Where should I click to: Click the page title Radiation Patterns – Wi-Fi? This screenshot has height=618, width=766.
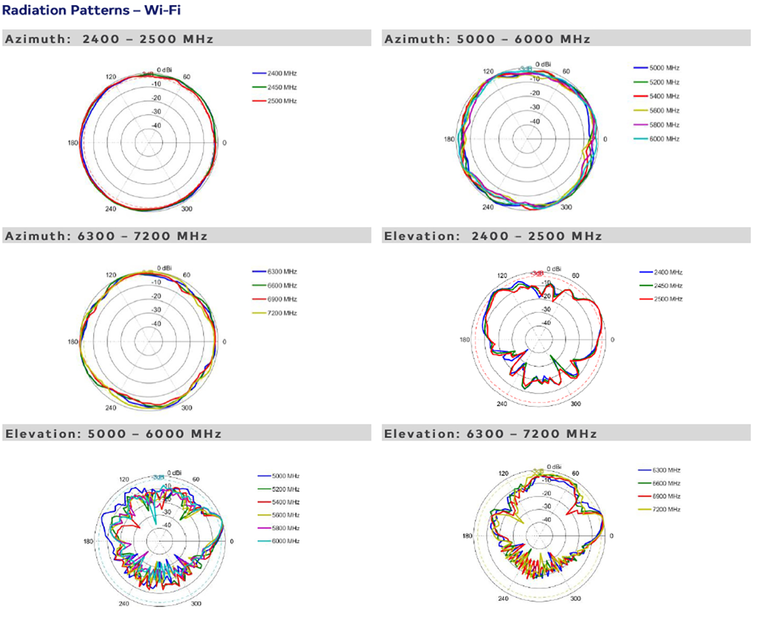pos(91,10)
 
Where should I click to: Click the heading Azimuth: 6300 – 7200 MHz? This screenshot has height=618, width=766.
pos(106,236)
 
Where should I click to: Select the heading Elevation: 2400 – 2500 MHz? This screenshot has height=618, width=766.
pos(493,236)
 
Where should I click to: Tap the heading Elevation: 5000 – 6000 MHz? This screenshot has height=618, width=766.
pos(113,433)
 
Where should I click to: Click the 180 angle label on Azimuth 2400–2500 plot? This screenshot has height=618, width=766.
pos(73,143)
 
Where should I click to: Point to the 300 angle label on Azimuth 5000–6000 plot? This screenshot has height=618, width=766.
pos(566,207)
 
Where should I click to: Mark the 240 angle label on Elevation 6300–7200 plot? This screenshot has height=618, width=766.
pos(503,599)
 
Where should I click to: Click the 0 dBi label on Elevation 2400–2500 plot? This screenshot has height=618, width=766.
pos(554,269)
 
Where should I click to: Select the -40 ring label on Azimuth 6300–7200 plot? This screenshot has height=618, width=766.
pos(157,324)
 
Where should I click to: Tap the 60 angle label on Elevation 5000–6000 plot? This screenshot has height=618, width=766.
pos(196,479)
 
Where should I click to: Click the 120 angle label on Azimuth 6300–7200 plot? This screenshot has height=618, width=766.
pos(111,275)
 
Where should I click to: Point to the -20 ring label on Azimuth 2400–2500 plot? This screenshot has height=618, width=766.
pos(157,98)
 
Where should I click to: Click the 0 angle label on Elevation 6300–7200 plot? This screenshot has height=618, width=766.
pos(611,536)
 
